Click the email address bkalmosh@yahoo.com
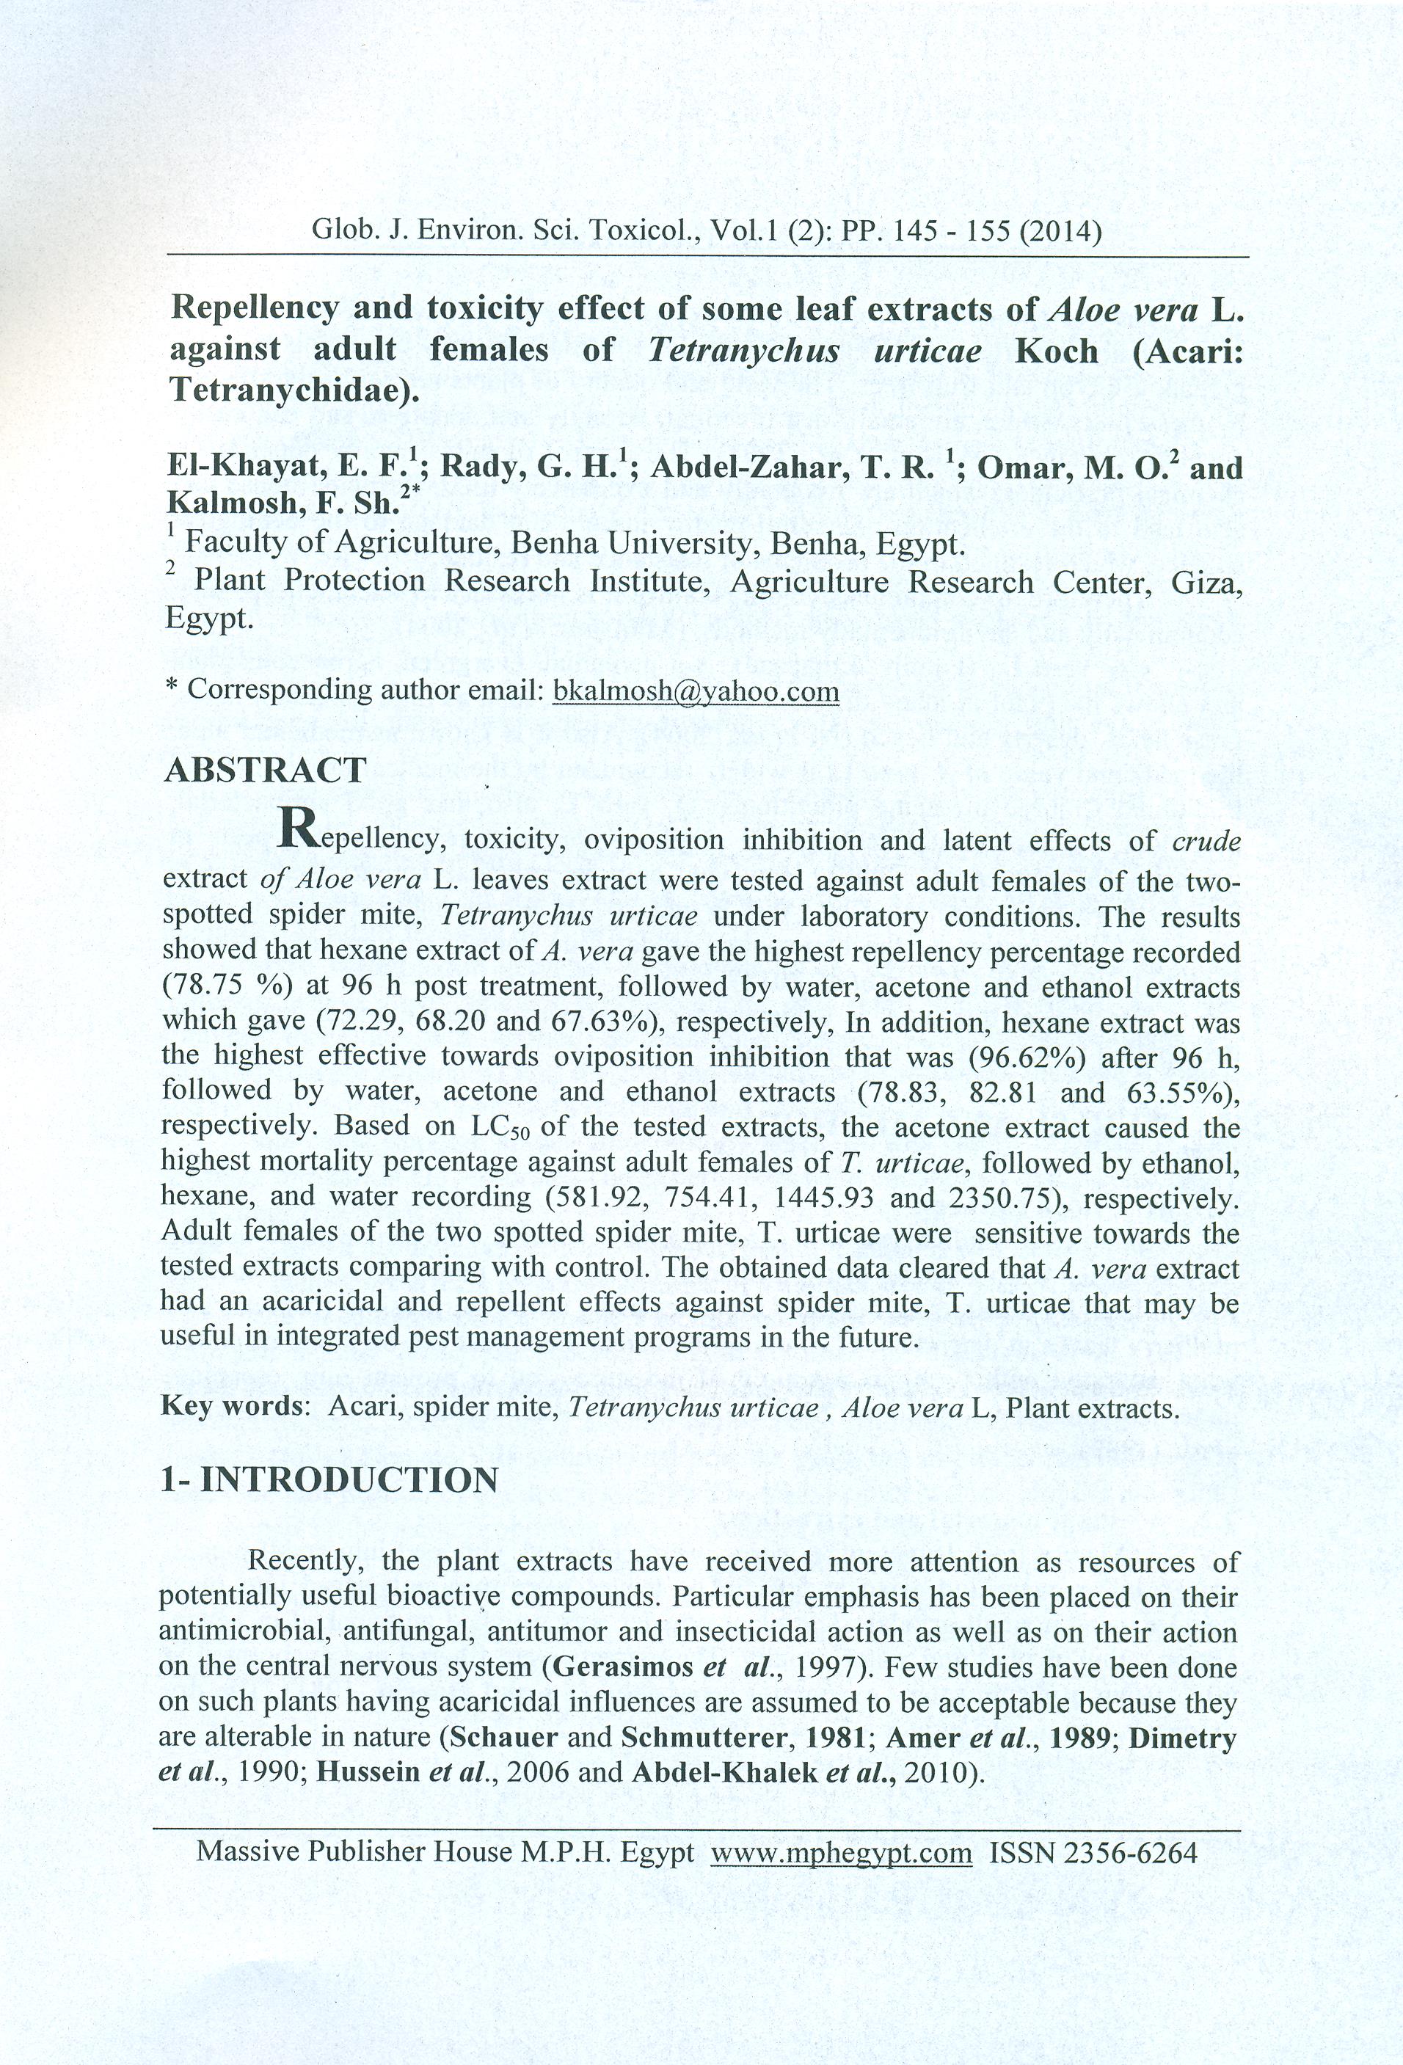[x=695, y=691]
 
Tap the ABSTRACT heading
[x=265, y=770]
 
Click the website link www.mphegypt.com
[x=841, y=1853]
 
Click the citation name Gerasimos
[x=622, y=1667]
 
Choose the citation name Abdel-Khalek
[x=724, y=1771]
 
